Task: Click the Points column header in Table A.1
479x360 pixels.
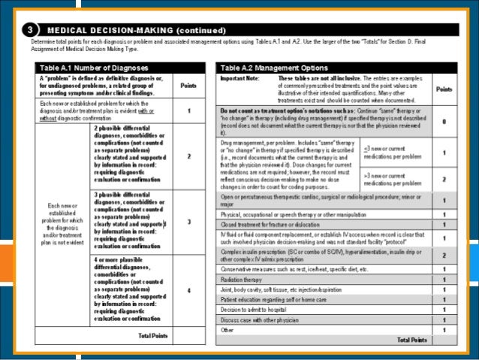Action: [189, 86]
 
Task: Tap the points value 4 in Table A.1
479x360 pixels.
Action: [189, 290]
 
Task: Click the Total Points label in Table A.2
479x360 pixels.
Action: [412, 340]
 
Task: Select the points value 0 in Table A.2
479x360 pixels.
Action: [444, 120]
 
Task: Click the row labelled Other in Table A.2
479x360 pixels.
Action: [226, 329]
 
